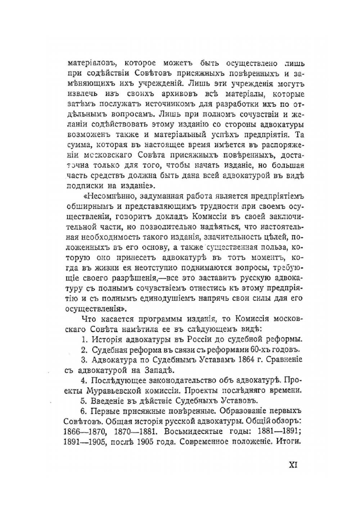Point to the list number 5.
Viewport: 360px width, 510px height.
(84, 400)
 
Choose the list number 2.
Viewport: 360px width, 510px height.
(84, 349)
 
